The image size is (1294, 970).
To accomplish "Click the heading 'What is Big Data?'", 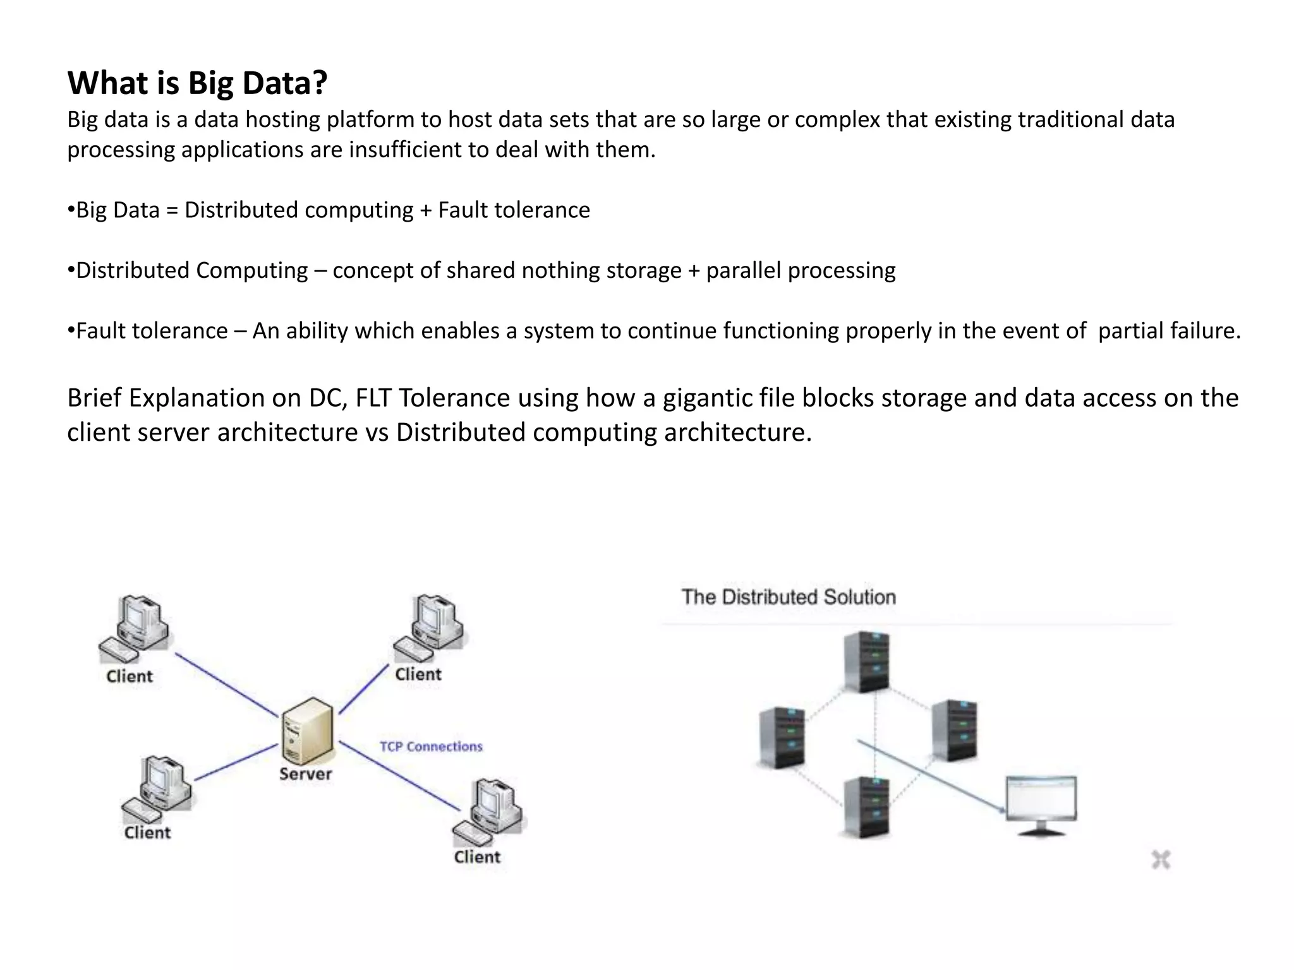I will click(197, 83).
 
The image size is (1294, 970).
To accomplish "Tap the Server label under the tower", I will click(305, 774).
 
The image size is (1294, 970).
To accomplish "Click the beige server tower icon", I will click(308, 731).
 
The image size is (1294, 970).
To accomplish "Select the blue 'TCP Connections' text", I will click(431, 746).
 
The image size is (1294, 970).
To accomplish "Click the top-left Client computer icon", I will click(134, 628).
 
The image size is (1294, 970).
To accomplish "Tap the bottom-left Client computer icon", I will click(157, 788).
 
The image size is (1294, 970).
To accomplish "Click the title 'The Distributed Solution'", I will click(788, 597).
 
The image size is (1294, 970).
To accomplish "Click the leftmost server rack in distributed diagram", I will click(782, 737).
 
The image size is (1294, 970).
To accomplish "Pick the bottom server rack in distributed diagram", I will click(867, 806).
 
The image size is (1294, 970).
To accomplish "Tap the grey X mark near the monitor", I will click(1161, 859).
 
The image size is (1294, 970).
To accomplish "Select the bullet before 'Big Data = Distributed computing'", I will click(71, 210).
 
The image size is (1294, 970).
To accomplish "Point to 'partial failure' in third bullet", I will click(1168, 331).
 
